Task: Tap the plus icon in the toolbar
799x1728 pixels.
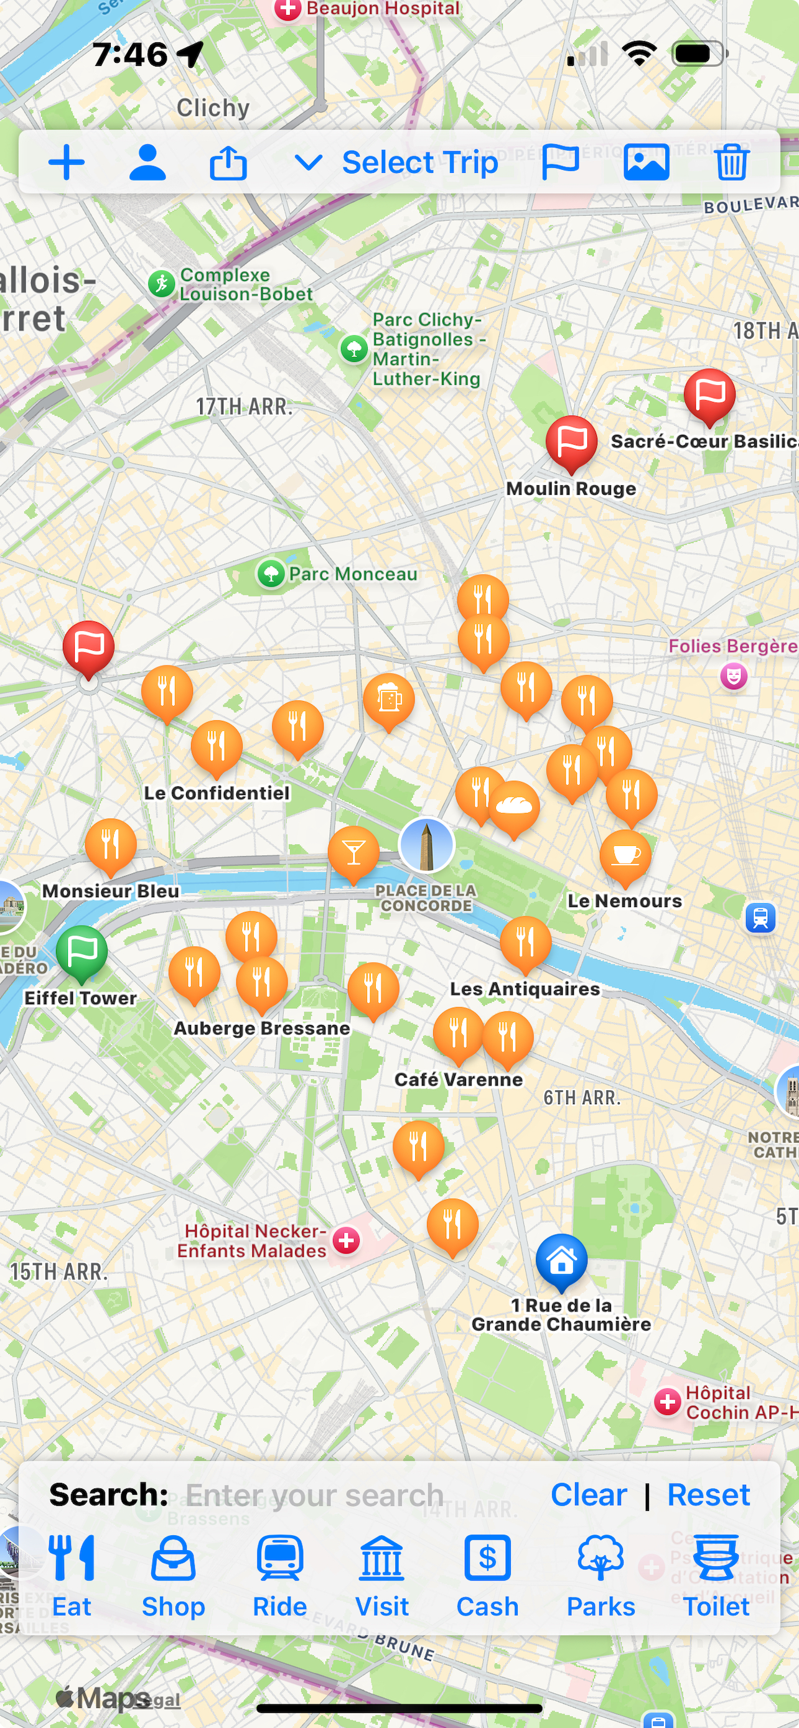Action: [67, 162]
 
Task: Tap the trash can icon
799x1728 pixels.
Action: [731, 162]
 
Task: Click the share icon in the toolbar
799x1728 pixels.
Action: [228, 162]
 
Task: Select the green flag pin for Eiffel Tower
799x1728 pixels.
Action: [82, 950]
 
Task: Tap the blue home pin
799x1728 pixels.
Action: [561, 1260]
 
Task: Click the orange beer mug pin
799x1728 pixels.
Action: [388, 699]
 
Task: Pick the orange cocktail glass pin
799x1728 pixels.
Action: [353, 852]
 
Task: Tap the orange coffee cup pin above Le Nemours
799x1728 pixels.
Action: [625, 855]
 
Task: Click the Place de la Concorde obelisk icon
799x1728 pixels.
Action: [427, 845]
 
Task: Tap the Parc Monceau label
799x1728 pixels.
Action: [352, 574]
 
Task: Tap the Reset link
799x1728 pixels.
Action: [708, 1495]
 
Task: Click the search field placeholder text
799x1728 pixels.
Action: [314, 1495]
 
